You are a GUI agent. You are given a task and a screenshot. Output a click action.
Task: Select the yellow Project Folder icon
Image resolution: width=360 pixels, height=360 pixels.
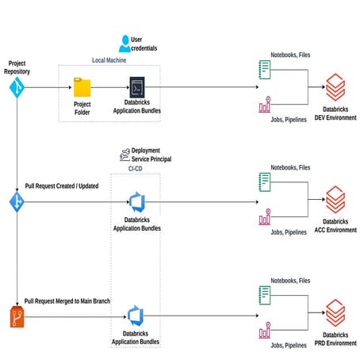pyautogui.click(x=82, y=86)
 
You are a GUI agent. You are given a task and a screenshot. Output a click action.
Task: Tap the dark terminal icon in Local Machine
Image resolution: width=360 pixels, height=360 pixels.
pyautogui.click(x=136, y=87)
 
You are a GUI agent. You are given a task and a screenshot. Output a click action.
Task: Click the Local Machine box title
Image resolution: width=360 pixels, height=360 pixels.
pyautogui.click(x=110, y=60)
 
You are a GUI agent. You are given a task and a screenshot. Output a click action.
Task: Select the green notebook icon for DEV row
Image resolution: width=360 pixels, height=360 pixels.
pyautogui.click(x=265, y=71)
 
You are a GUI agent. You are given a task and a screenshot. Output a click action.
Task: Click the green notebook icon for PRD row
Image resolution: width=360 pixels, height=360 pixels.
pyautogui.click(x=265, y=295)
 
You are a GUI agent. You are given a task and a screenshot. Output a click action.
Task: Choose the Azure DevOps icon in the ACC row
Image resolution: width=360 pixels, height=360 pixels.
pyautogui.click(x=136, y=202)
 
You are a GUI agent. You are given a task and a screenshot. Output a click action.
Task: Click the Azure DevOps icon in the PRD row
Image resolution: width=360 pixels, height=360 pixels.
pyautogui.click(x=136, y=315)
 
